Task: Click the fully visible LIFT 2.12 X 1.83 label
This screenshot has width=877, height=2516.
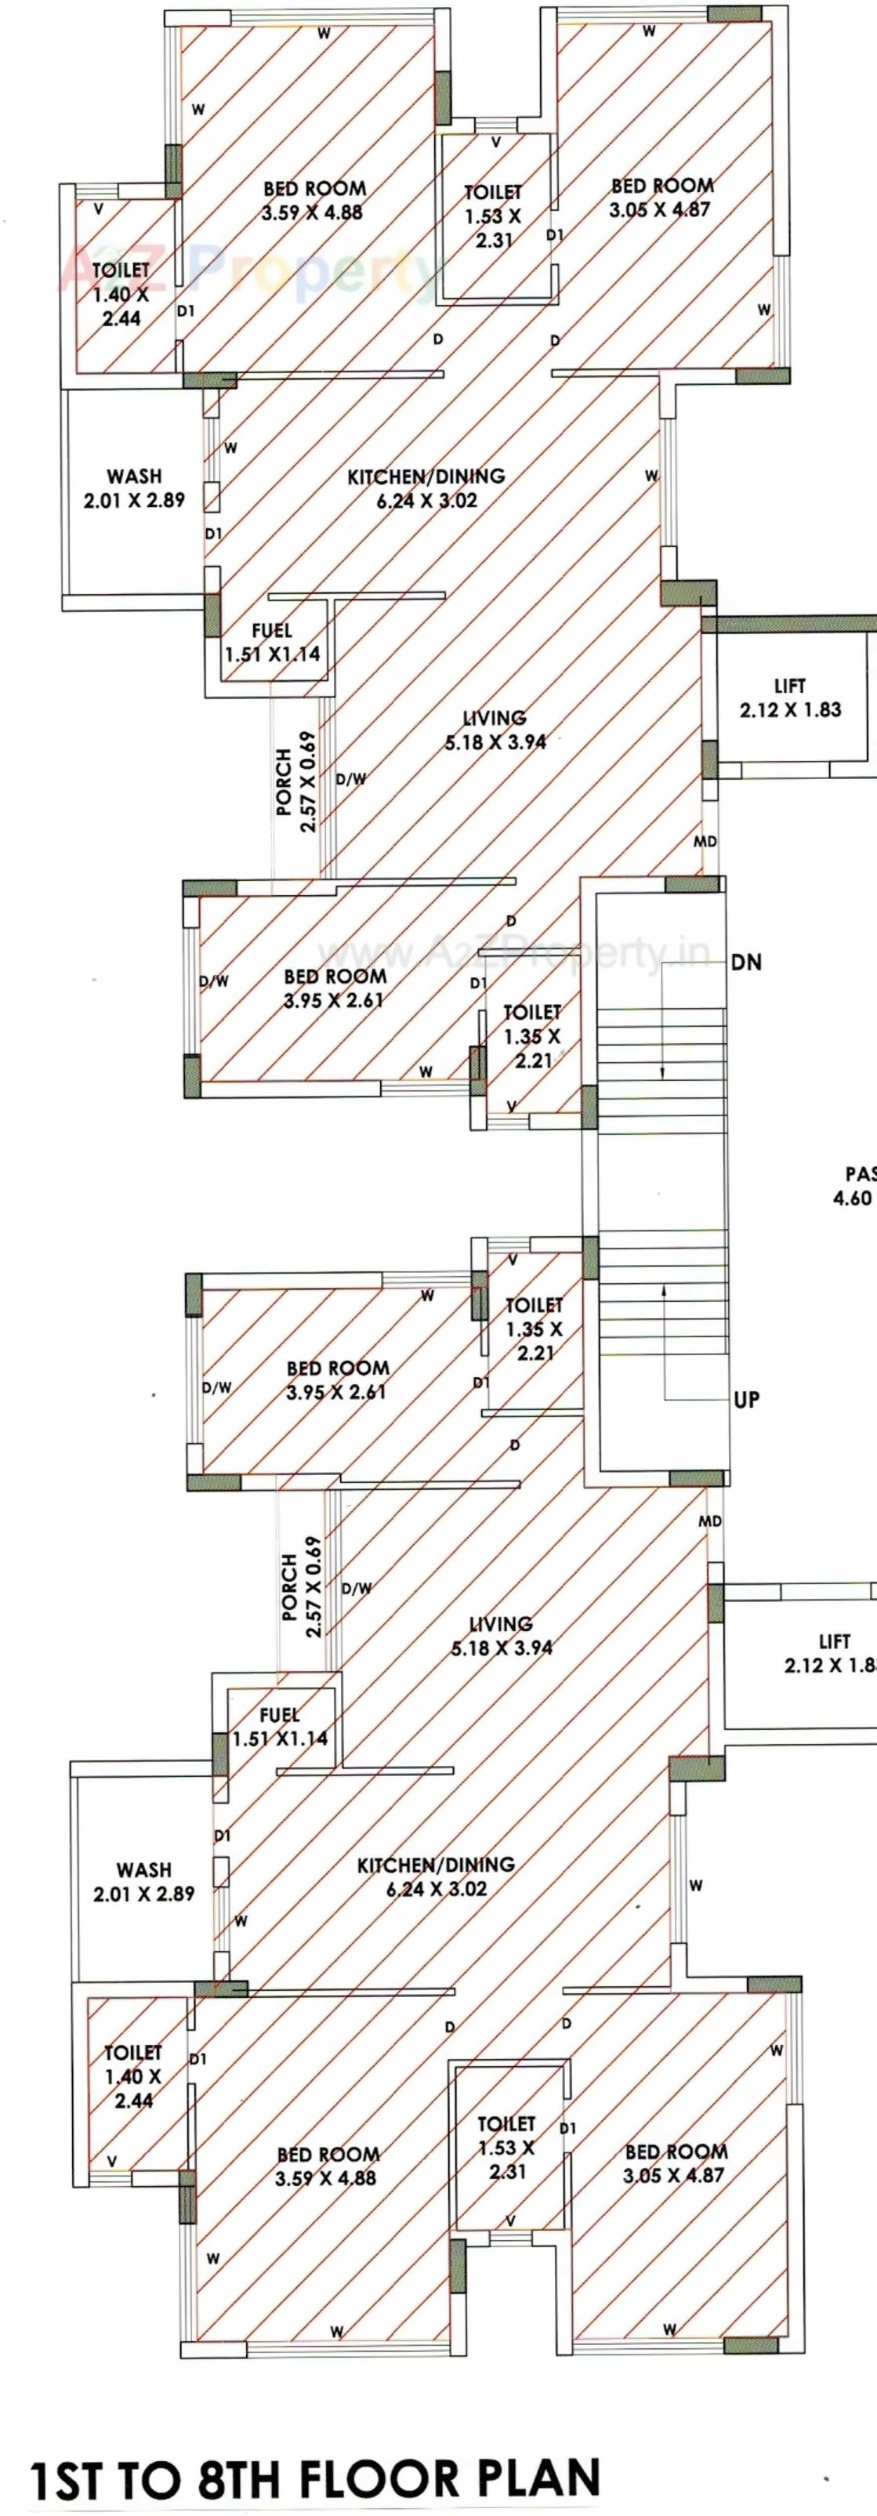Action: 790,698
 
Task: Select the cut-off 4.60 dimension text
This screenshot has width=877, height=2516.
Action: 853,1198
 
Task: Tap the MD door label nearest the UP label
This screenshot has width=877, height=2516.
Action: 710,1521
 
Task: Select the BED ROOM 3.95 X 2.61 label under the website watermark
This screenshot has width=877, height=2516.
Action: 334,988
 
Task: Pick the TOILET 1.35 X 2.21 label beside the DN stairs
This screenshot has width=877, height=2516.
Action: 532,1035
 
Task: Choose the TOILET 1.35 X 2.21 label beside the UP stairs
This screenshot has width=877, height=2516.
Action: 535,1329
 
